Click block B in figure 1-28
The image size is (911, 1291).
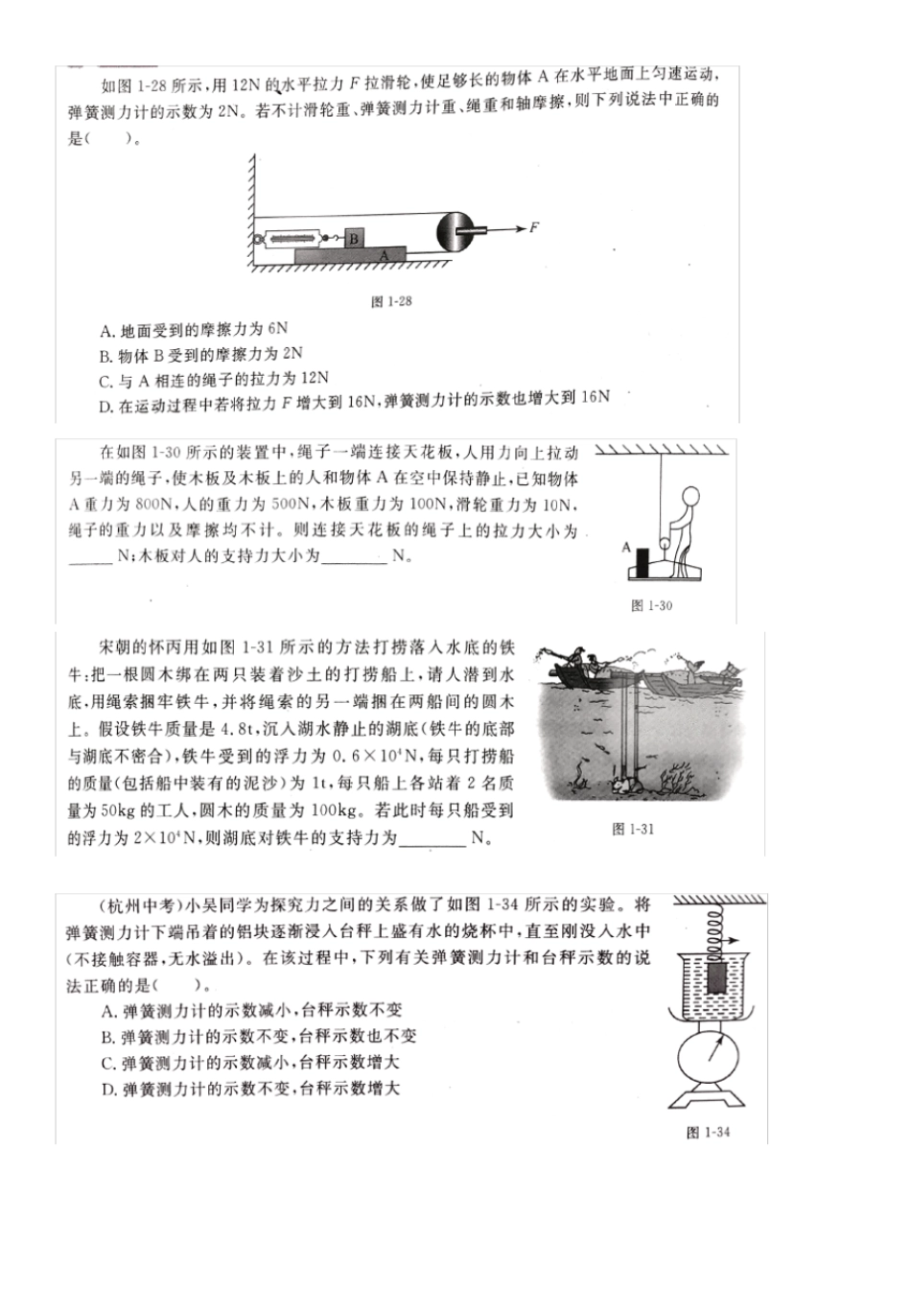point(354,237)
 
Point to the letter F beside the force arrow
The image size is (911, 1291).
point(534,227)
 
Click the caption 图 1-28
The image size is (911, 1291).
point(391,301)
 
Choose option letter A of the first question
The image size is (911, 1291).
point(105,331)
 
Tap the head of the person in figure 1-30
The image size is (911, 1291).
point(689,498)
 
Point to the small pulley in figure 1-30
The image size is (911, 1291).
point(660,537)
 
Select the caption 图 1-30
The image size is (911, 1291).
point(651,605)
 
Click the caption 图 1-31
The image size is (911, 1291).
point(632,829)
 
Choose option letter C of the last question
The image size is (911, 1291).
point(107,1063)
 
